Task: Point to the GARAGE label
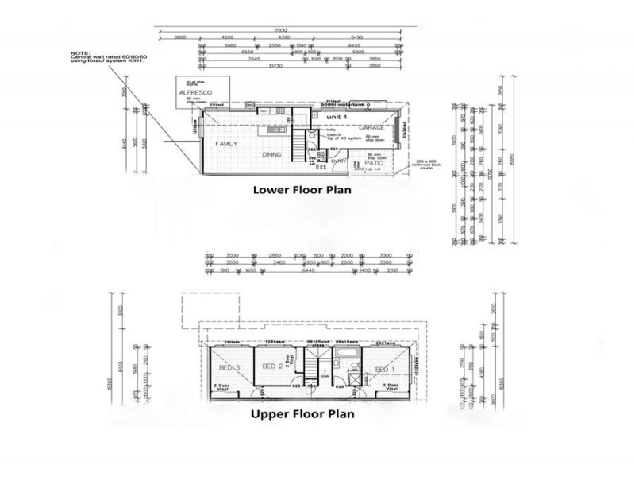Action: [x=371, y=127]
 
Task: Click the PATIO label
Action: [x=374, y=163]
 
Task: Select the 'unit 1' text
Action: [x=337, y=117]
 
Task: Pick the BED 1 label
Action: [x=385, y=370]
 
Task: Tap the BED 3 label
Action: [x=229, y=368]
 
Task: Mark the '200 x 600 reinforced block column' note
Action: [x=426, y=165]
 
